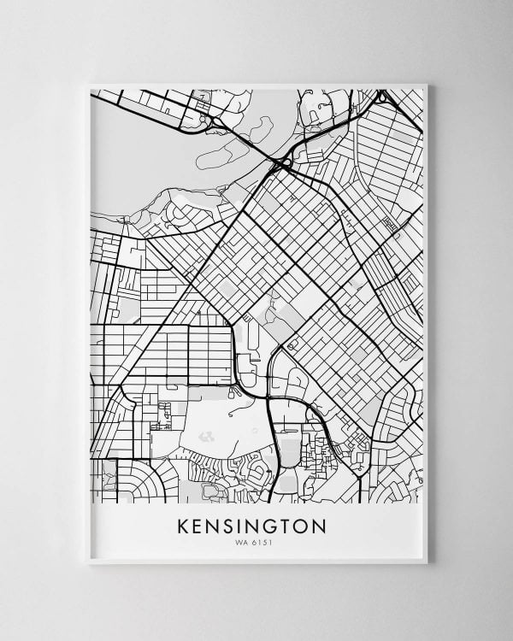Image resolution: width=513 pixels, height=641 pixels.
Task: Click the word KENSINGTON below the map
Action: (251, 526)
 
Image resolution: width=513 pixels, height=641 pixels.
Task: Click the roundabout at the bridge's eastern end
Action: (284, 161)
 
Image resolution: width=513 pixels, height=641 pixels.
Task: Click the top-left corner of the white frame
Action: (88, 84)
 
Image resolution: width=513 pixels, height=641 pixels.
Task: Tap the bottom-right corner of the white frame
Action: (427, 563)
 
